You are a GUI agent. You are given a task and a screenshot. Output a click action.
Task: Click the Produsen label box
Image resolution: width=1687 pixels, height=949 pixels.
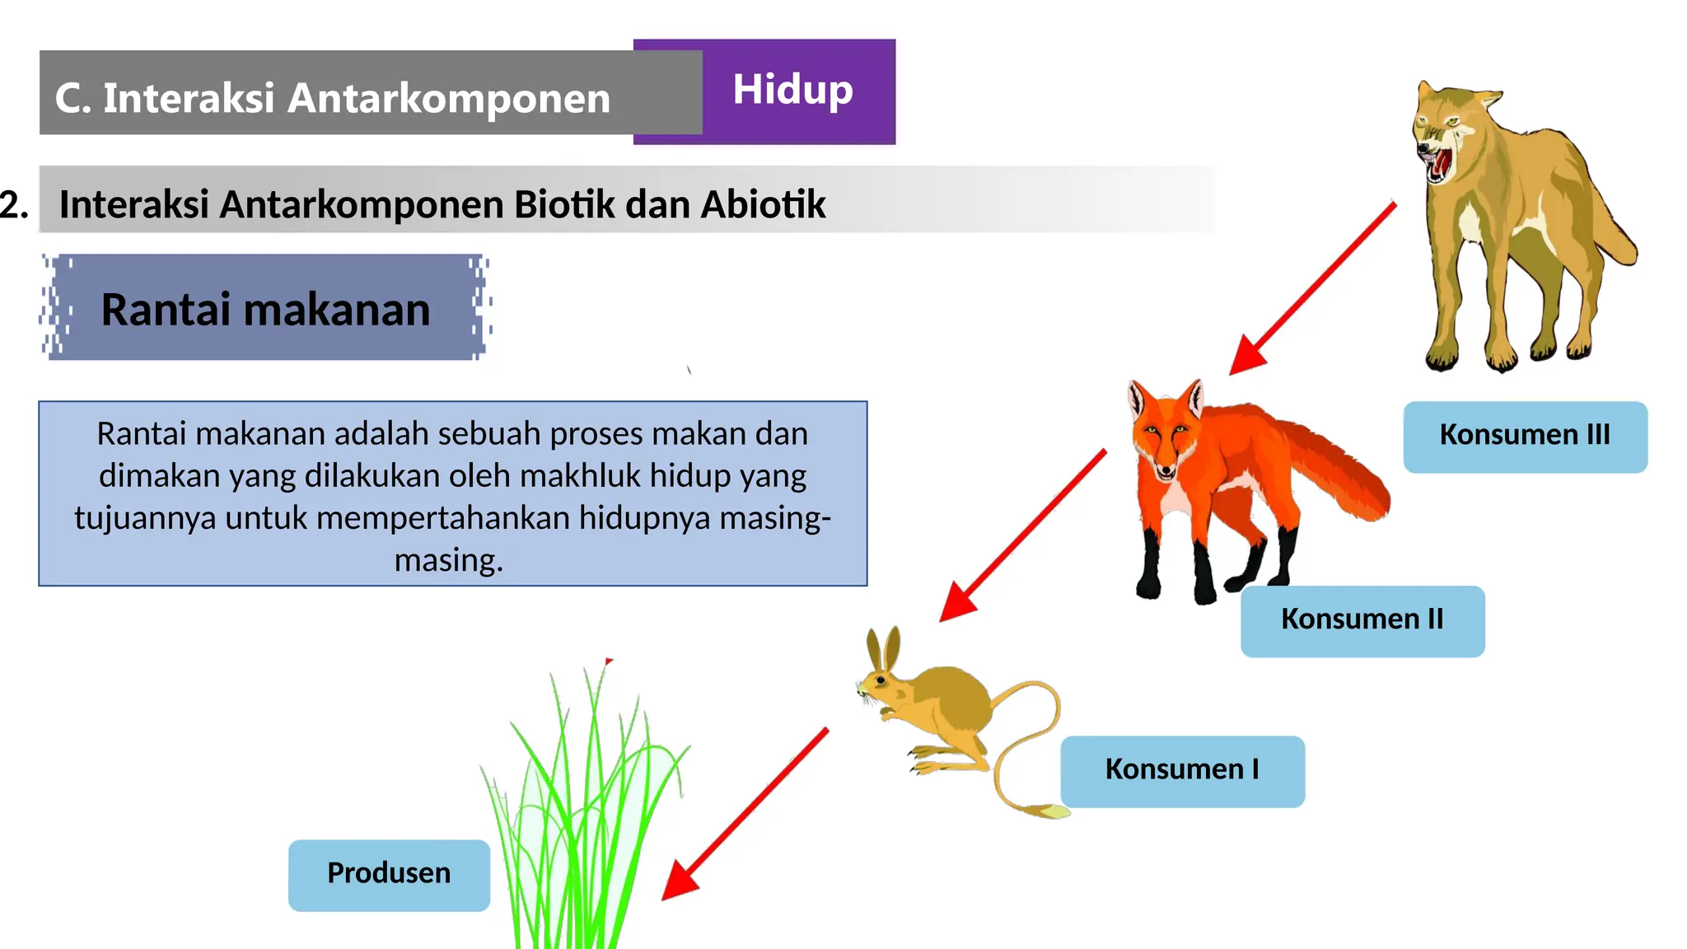[x=389, y=874]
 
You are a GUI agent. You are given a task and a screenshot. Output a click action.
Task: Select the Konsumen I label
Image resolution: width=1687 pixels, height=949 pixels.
[x=1182, y=770]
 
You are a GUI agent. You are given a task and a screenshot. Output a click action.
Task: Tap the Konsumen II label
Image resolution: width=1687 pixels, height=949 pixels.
[x=1362, y=620]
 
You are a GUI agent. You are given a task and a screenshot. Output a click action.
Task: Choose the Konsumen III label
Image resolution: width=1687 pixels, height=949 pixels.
[x=1525, y=436]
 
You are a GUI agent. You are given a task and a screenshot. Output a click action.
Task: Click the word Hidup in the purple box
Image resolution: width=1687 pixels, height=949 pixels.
[x=792, y=90]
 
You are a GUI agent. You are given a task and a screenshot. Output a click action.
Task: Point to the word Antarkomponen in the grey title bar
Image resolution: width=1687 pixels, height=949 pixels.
[x=449, y=98]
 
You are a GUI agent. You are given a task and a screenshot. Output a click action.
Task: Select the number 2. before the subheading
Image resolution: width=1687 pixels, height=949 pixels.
[x=14, y=204]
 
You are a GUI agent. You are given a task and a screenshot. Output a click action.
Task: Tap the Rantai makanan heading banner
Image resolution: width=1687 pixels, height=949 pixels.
[x=265, y=310]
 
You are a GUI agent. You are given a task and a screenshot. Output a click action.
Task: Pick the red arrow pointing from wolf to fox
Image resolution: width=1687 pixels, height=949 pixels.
[x=1313, y=288]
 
